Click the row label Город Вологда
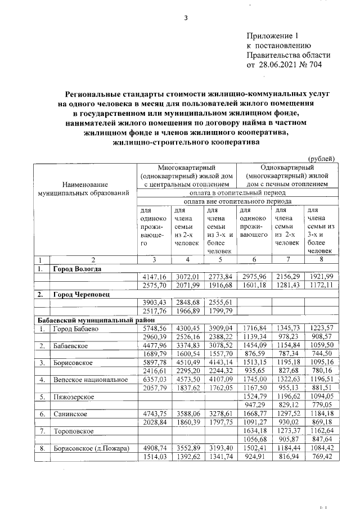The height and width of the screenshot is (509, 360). (x=77, y=269)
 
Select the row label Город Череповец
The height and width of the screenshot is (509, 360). (x=81, y=294)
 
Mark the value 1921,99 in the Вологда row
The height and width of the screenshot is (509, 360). (x=320, y=277)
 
